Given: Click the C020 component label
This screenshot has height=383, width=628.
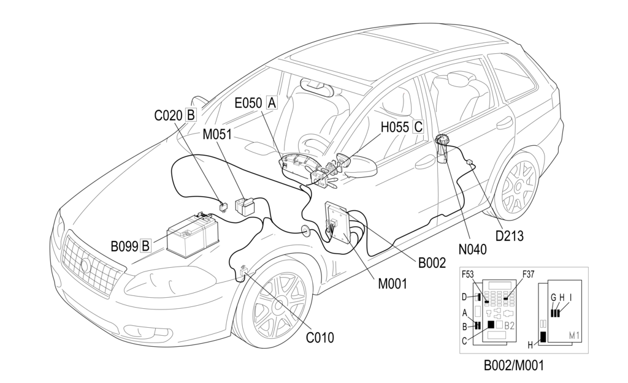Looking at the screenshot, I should [168, 115].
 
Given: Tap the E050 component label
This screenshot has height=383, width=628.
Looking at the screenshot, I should [248, 103].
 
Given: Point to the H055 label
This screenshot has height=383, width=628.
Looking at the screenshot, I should [395, 127].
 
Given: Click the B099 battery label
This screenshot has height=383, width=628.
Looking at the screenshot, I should [124, 246].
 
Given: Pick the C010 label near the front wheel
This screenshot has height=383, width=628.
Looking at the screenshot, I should [320, 336].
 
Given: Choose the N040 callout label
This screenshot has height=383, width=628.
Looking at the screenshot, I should [471, 249].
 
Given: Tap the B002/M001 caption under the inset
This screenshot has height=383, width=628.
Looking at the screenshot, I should [513, 366].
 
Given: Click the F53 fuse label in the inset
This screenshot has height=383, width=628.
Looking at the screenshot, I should [468, 275].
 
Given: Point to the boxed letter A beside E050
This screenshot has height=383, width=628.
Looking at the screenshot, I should [270, 103].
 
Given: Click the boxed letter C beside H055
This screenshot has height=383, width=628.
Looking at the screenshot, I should [418, 127].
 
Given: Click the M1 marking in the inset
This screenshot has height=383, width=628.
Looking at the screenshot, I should [575, 335].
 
